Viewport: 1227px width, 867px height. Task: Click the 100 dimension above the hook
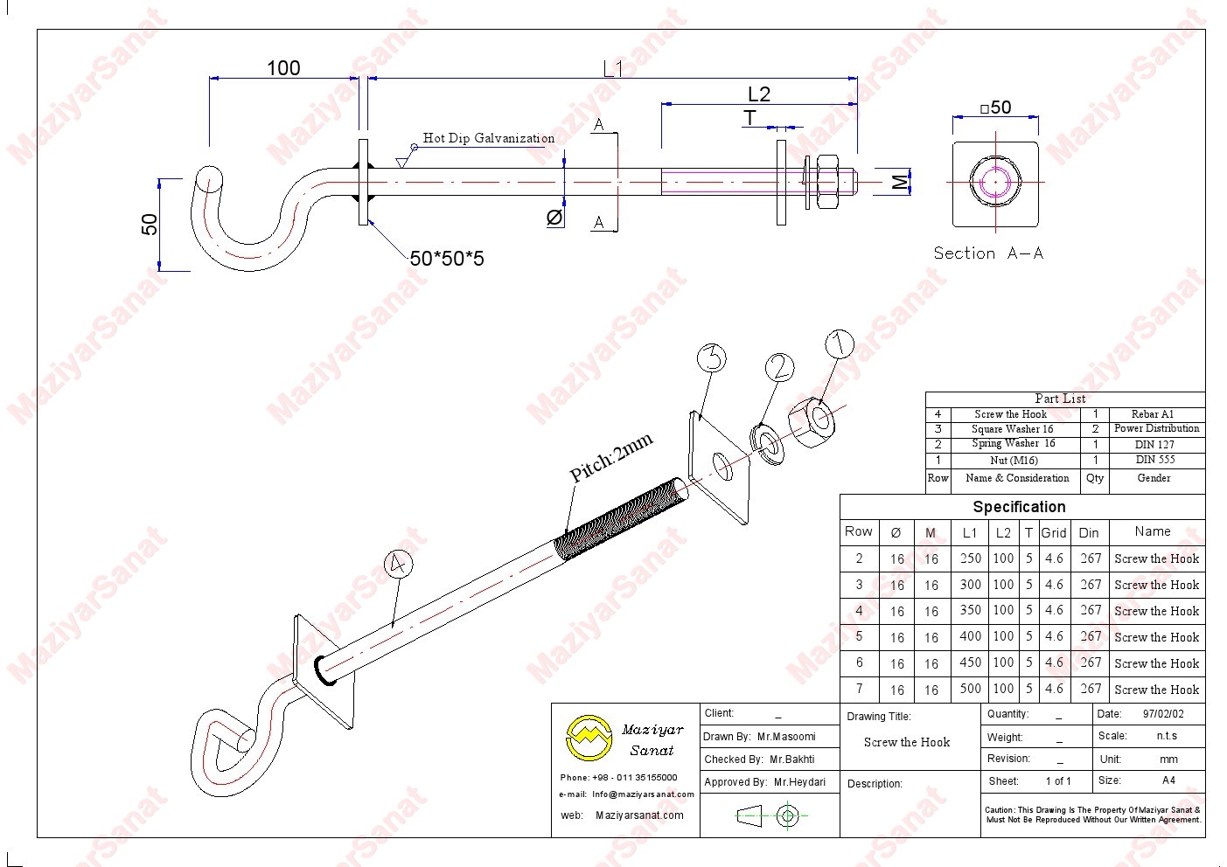point(283,68)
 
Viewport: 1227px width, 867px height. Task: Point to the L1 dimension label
point(612,68)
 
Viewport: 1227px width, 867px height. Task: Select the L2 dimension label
point(758,94)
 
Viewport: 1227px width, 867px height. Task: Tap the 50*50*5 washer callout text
point(447,259)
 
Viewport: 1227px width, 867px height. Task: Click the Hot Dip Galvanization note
point(488,138)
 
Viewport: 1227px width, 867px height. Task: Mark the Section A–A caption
point(988,253)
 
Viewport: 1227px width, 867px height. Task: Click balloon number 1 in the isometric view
point(839,344)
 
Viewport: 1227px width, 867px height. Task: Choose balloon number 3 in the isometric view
point(712,358)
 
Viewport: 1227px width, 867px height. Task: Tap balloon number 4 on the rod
point(398,565)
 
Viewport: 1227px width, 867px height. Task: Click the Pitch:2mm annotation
point(611,459)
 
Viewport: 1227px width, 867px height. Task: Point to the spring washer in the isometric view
point(767,443)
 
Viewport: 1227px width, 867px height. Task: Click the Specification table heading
point(1019,507)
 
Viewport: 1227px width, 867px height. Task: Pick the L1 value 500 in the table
point(970,689)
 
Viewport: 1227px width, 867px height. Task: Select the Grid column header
point(1054,532)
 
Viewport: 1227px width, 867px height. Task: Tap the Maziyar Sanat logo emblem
point(589,738)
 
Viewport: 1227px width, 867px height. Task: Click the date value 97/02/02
point(1163,714)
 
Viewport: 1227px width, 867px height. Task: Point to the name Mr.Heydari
point(799,782)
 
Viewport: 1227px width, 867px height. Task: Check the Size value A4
point(1168,780)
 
